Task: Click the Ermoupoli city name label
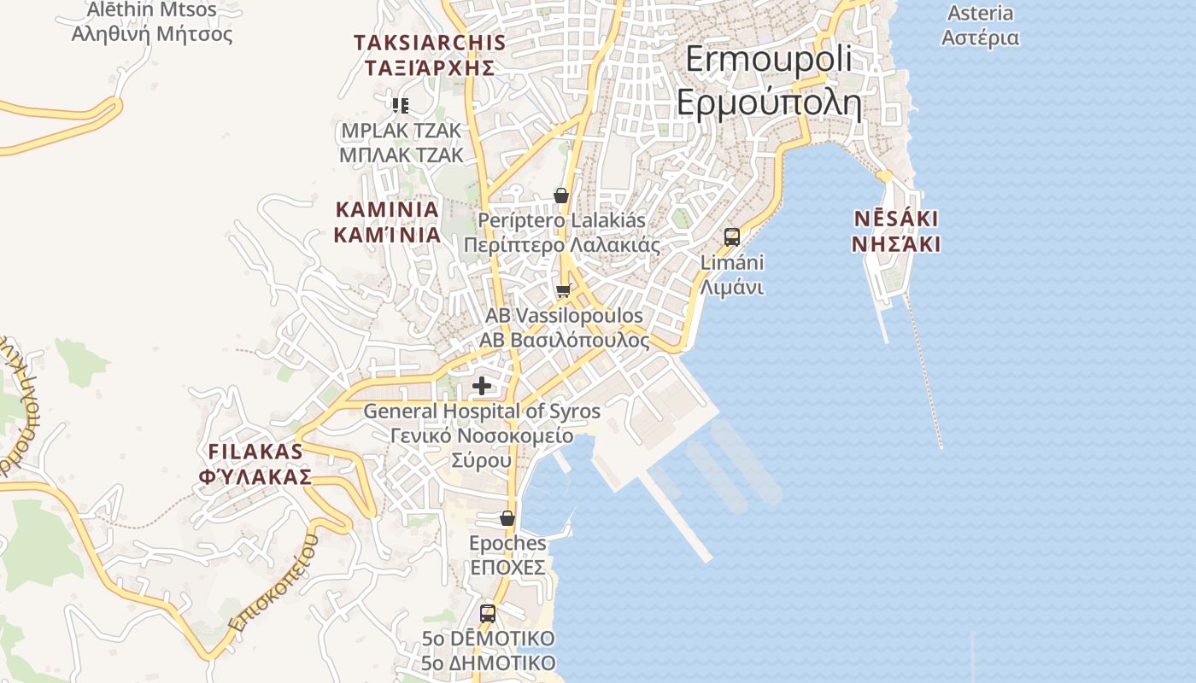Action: tap(769, 59)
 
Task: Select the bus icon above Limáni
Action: tap(732, 237)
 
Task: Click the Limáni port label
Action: tap(732, 262)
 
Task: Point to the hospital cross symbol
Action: tap(482, 386)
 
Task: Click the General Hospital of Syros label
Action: tap(482, 411)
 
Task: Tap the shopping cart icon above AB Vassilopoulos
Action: tap(563, 291)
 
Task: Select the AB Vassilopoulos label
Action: tap(564, 316)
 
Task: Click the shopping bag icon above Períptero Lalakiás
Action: tap(561, 196)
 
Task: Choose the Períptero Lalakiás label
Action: tap(561, 220)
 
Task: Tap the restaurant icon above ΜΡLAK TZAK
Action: tap(401, 106)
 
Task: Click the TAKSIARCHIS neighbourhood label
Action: tap(430, 43)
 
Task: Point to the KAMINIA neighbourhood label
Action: tap(387, 209)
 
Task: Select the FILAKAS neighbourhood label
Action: tap(255, 452)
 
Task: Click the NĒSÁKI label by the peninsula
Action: tap(896, 219)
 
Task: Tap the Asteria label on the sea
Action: tap(980, 14)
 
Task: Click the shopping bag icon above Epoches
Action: tap(507, 518)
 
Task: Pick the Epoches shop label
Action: tap(507, 543)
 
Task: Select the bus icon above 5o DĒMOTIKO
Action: tap(488, 613)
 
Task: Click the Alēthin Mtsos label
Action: tap(152, 10)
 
